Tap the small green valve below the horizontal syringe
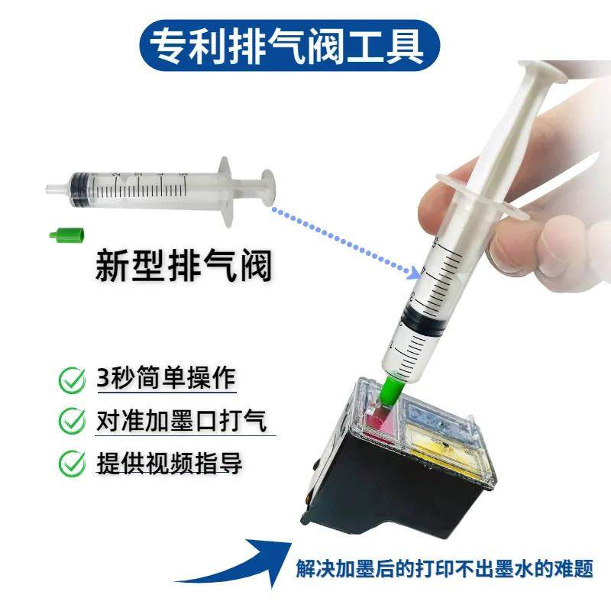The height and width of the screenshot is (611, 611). pos(64,234)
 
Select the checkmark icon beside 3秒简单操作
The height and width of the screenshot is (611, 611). pos(73,380)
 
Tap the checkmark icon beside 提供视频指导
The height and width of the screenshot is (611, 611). pos(73,463)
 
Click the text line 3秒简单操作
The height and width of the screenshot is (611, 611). pos(167,379)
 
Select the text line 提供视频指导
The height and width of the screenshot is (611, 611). pos(170,463)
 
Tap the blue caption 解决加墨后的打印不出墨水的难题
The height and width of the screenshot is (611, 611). pos(445,569)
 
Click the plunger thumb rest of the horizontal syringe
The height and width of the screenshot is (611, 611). pos(268,188)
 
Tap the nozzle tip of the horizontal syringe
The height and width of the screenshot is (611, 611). pos(52,188)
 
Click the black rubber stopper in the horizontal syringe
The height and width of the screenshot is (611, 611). pos(77,187)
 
